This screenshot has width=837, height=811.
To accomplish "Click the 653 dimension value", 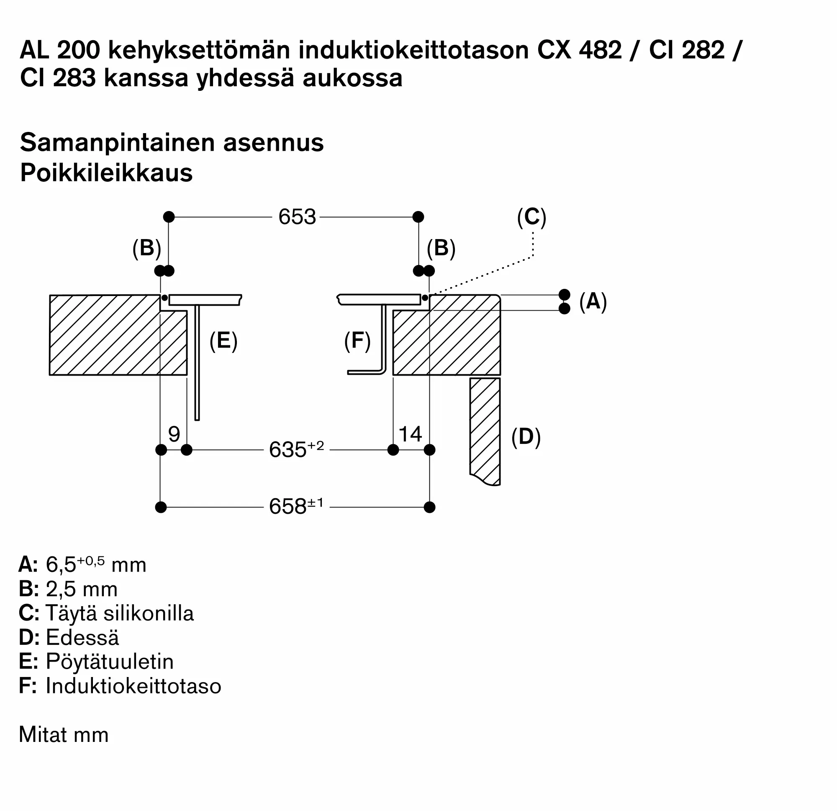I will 297,217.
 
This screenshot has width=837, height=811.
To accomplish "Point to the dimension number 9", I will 174,435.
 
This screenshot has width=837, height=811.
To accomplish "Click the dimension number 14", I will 410,434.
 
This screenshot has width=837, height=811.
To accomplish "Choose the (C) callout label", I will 531,217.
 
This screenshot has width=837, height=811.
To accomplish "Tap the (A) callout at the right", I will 593,302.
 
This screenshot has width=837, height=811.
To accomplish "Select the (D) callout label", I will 526,437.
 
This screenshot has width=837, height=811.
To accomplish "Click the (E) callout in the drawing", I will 223,341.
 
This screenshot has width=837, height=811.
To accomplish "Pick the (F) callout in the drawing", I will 357,341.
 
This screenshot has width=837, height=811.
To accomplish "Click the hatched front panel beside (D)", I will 485,430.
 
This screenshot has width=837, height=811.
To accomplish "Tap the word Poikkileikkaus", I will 106,173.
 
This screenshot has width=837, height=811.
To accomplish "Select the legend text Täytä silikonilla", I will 120,613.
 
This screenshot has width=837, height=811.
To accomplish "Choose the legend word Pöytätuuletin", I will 110,662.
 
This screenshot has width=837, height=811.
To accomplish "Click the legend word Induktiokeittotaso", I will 133,686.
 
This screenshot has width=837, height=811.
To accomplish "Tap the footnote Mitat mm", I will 64,735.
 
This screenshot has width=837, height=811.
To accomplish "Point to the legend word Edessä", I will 82,638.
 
